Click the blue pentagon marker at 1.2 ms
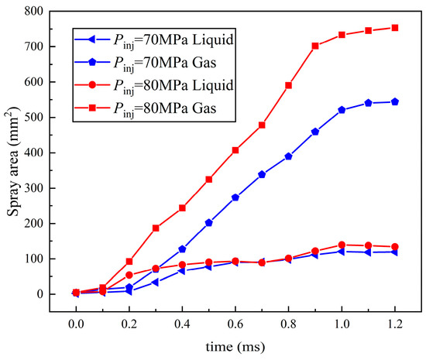[x=395, y=101]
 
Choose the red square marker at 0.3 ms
[x=156, y=228]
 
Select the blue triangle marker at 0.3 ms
[x=156, y=282]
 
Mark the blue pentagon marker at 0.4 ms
[x=182, y=249]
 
